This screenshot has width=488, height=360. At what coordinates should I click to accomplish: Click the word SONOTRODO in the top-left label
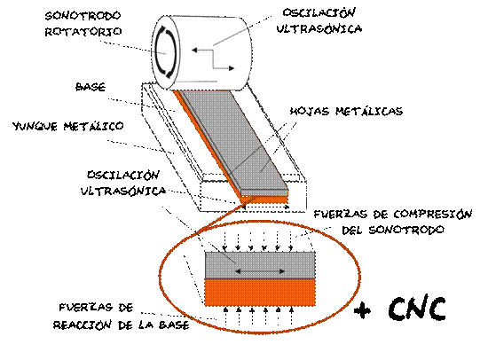click(83, 16)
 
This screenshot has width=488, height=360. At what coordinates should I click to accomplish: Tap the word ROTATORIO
click(83, 31)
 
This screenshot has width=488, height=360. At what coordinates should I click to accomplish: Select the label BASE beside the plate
click(91, 87)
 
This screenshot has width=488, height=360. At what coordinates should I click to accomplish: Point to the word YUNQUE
click(35, 126)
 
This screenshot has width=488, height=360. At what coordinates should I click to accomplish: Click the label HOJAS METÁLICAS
click(346, 111)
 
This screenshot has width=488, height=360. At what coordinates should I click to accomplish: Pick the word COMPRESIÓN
click(433, 214)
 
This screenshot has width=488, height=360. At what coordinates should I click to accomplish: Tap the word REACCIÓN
click(83, 325)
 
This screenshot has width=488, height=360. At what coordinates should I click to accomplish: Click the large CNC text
click(417, 308)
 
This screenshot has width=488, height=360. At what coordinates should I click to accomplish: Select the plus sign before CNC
click(363, 310)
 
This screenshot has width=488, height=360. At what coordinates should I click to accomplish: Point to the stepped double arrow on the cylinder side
click(213, 59)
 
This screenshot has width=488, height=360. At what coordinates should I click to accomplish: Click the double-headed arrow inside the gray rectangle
click(260, 271)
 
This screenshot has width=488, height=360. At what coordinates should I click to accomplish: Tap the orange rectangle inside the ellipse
click(260, 293)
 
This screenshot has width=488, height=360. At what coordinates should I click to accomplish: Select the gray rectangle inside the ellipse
click(260, 265)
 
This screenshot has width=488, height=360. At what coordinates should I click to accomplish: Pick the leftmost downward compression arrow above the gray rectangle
click(224, 241)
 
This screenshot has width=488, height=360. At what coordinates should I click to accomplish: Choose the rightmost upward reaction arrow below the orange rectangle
click(291, 316)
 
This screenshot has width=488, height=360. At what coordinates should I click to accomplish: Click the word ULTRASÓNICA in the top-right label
click(319, 28)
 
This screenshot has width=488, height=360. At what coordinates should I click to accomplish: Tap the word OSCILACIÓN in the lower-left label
click(123, 175)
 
